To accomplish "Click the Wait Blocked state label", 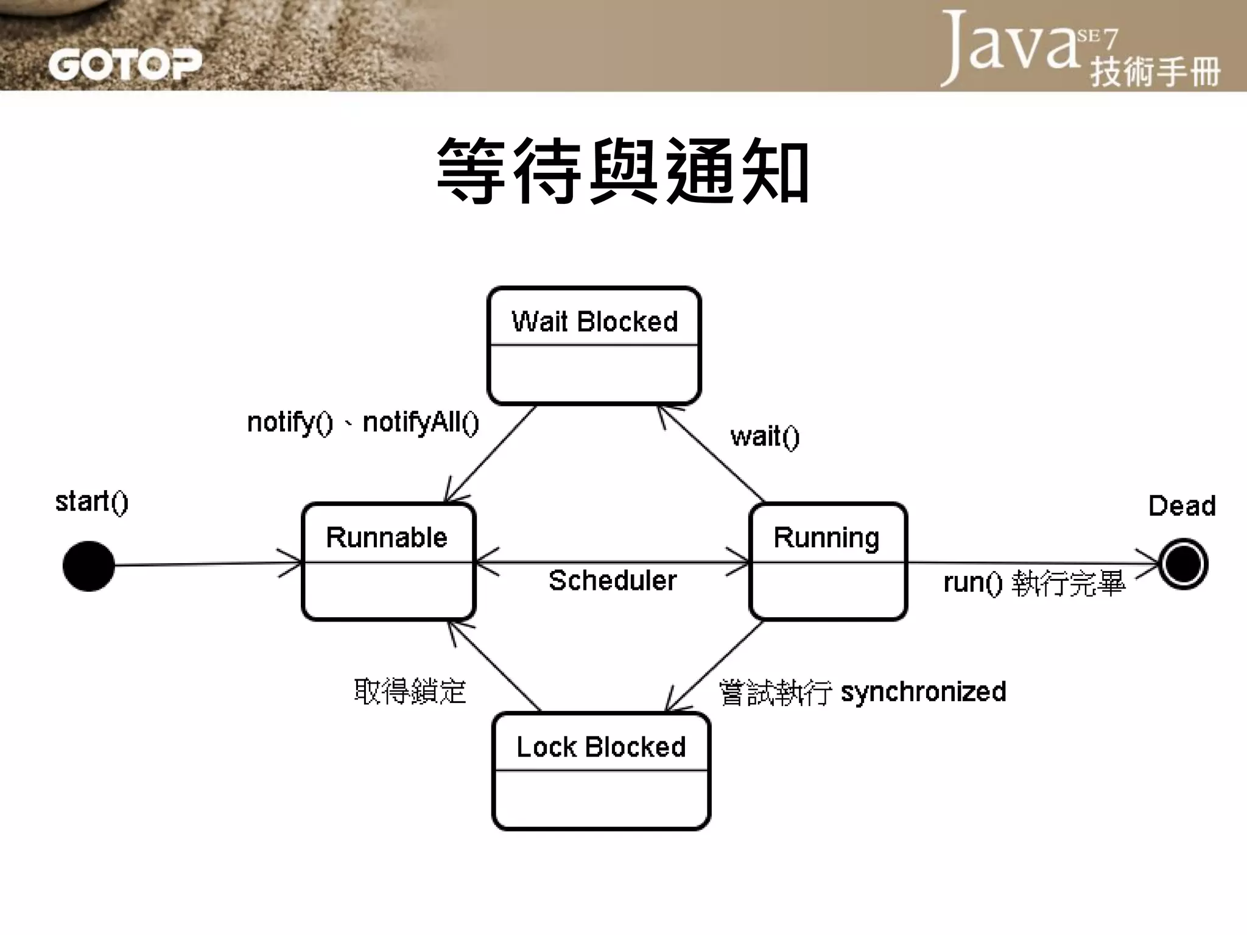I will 594,321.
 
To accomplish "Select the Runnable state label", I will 387,538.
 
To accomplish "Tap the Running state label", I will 826,538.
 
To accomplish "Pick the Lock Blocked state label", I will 601,747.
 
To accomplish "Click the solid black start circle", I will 89,566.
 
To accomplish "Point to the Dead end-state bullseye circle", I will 1182,564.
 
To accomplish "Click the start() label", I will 92,502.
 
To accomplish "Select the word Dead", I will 1182,506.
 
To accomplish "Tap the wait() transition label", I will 765,436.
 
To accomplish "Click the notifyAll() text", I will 421,422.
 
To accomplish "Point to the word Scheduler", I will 613,581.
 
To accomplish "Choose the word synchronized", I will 923,692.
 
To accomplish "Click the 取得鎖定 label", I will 410,692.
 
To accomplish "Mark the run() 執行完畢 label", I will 1034,583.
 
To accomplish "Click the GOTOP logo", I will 125,65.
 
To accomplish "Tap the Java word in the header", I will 1011,46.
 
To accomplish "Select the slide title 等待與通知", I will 623,171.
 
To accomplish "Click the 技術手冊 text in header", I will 1155,72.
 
